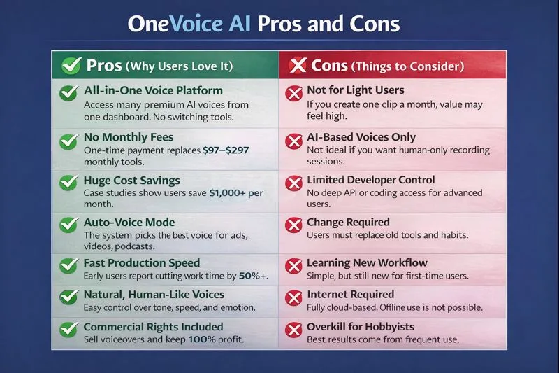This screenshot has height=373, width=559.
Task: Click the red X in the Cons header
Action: point(298,66)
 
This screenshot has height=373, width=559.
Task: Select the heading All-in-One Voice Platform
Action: point(153,90)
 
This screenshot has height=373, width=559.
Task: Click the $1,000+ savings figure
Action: point(236,193)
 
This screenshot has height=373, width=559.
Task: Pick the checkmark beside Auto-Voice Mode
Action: point(68,225)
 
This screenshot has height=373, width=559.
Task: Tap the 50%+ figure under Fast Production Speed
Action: point(254,276)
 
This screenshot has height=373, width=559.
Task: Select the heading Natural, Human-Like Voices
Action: point(154,295)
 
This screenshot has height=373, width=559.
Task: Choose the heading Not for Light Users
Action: point(356,90)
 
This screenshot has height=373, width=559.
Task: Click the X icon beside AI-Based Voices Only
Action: point(294,141)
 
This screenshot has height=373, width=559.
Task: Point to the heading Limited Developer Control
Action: point(381,180)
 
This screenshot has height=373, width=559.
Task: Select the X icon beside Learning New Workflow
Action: point(294,267)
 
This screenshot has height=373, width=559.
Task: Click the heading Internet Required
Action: point(351,295)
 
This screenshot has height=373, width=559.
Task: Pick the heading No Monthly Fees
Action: point(129,137)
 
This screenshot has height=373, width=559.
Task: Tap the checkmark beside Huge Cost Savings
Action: point(68,183)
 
